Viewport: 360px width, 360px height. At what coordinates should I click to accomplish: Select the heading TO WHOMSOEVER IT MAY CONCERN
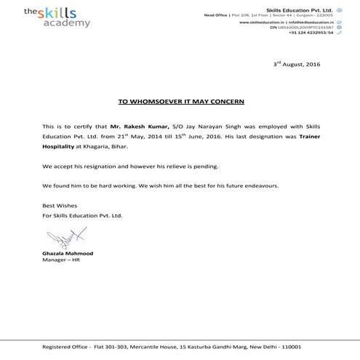(x=181, y=101)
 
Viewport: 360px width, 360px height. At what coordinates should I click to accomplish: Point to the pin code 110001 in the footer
(x=306, y=346)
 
